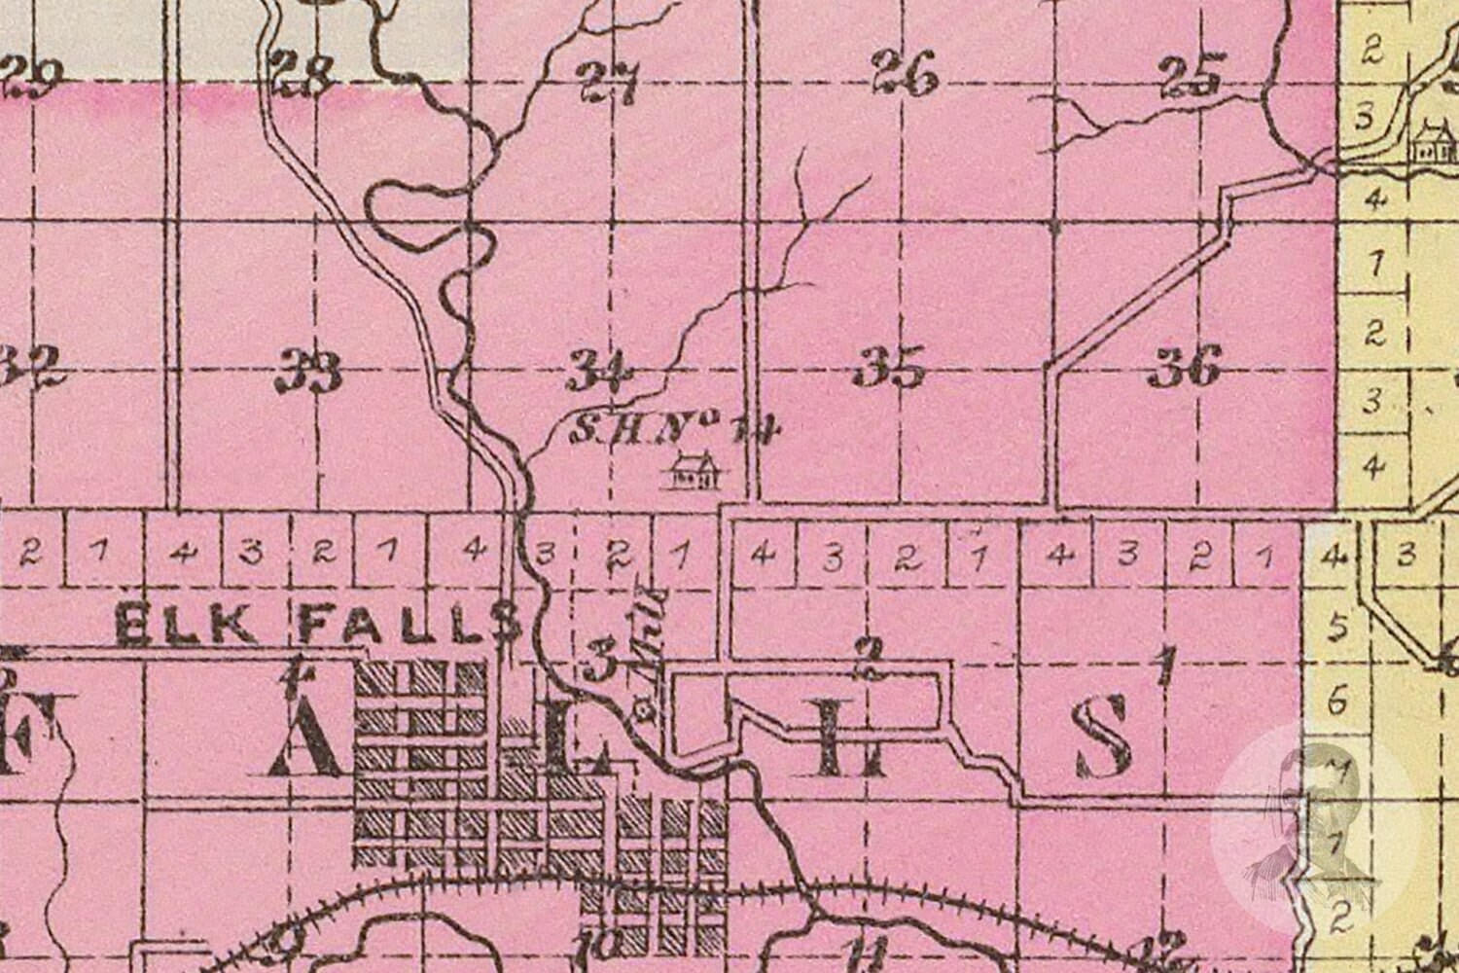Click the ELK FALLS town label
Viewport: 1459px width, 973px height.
(317, 623)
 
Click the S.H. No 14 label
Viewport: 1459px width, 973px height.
(671, 427)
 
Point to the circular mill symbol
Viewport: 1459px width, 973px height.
(642, 711)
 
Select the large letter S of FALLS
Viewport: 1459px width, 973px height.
(1105, 741)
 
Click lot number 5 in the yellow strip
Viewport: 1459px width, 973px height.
(1336, 628)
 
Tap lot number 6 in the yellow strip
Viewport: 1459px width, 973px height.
(1336, 699)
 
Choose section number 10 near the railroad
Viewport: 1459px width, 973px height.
(604, 942)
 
